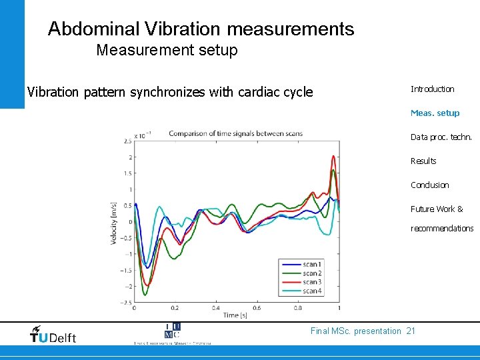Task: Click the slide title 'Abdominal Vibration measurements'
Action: coord(201,29)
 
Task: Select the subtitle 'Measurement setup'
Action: coord(167,50)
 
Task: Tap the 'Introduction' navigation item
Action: coord(432,89)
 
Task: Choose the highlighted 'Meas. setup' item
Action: coord(435,113)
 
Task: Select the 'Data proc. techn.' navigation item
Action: coord(441,137)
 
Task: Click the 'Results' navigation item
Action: coord(423,161)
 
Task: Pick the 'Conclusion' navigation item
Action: coord(429,185)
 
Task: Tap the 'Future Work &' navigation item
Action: coord(437,209)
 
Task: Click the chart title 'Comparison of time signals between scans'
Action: coord(235,133)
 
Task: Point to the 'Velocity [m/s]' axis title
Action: coord(114,223)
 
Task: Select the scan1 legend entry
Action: coord(311,265)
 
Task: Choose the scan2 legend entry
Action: coord(311,273)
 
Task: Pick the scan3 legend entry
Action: coord(311,282)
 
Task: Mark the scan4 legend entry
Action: coord(311,291)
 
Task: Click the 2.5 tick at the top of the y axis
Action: coord(127,141)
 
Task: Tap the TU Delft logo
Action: coord(53,335)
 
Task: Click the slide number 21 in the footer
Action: coord(411,331)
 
